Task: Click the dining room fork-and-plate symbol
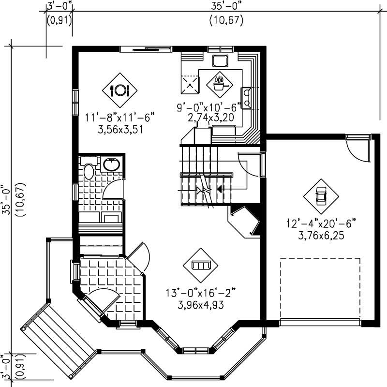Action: tap(120, 89)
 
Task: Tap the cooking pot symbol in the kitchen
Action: tap(220, 84)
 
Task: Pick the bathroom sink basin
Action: tap(112, 164)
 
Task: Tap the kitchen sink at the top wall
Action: tap(220, 60)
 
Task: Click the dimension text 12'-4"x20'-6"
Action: tap(321, 223)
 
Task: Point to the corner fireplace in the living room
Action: tap(246, 220)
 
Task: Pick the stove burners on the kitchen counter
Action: tap(246, 97)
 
